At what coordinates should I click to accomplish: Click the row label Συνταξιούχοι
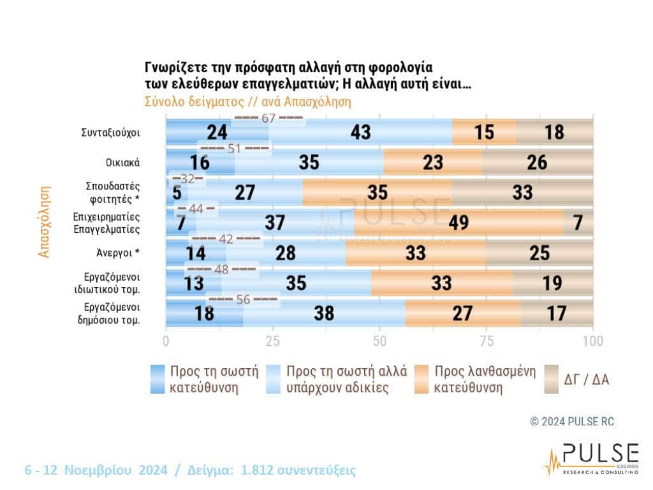pos(111,133)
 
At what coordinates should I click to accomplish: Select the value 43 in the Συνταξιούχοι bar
pos(360,132)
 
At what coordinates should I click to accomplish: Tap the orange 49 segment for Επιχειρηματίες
pos(459,223)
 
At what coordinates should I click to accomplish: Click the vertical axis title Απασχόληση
pos(44,221)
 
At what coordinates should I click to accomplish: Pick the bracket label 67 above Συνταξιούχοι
pos(268,118)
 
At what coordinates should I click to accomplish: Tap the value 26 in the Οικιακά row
pos(537,162)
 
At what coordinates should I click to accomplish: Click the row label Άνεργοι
pos(115,253)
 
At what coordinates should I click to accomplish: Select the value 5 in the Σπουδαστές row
pos(175,193)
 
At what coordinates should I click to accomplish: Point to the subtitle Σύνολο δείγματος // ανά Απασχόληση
pos(248,101)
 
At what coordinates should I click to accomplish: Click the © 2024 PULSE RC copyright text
pos(572,422)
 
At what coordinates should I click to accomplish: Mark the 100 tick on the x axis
pos(593,340)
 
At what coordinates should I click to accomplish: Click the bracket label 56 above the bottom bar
pos(243,299)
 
